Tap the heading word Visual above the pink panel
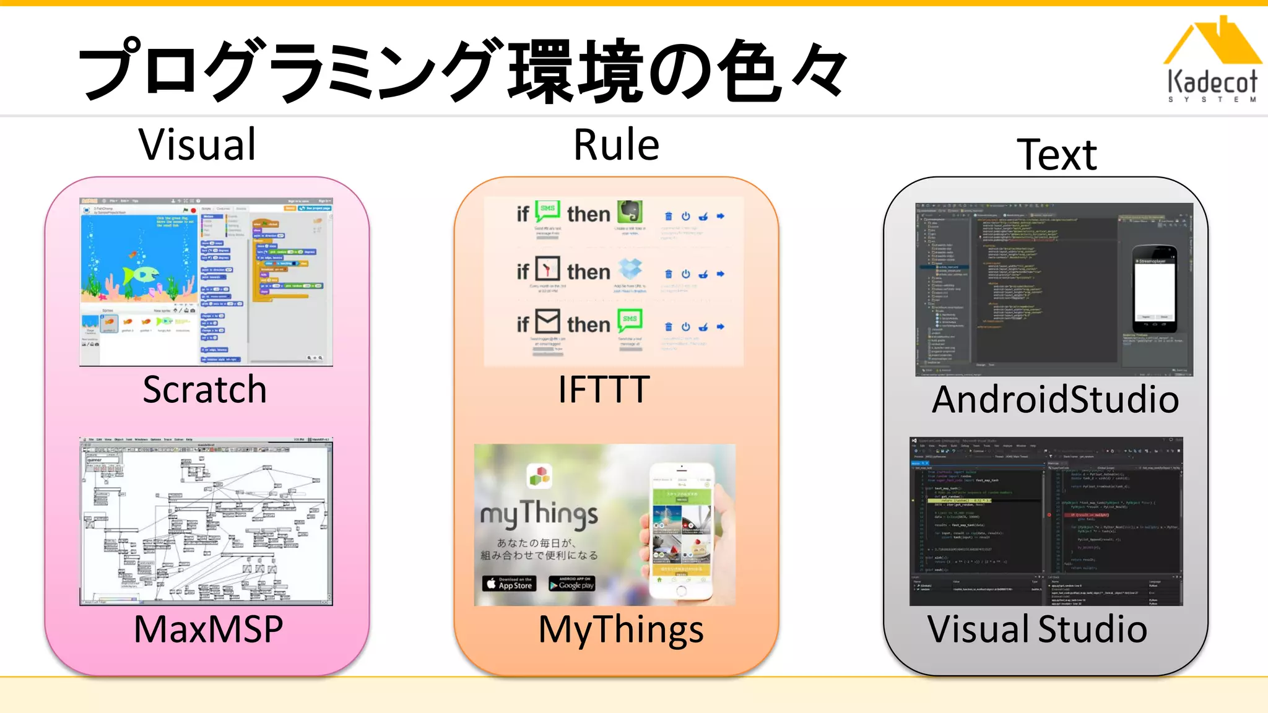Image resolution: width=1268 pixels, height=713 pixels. point(197,145)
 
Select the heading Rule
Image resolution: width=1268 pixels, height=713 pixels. point(616,145)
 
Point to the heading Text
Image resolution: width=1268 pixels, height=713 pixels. point(1057,155)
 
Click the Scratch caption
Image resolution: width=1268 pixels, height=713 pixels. point(204,389)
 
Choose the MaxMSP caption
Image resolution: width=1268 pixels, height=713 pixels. point(208,629)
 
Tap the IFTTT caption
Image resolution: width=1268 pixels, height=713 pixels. point(604,389)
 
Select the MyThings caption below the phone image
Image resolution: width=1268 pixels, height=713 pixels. point(620,630)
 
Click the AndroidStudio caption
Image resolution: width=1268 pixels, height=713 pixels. point(1055,399)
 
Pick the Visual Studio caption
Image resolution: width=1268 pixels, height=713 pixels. point(1037,629)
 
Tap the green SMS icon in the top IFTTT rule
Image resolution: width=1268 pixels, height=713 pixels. point(547,211)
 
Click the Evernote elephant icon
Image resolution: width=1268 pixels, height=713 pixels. point(630,212)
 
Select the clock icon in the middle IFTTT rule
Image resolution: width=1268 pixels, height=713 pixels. point(547,269)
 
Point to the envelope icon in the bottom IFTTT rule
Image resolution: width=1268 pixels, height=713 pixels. point(547,321)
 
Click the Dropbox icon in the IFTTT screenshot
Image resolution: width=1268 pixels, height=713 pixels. point(630,269)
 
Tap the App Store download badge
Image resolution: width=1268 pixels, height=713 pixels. point(508,584)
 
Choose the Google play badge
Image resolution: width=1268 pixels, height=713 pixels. point(571,584)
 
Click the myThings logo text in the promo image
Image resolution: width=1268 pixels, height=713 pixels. point(539,514)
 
